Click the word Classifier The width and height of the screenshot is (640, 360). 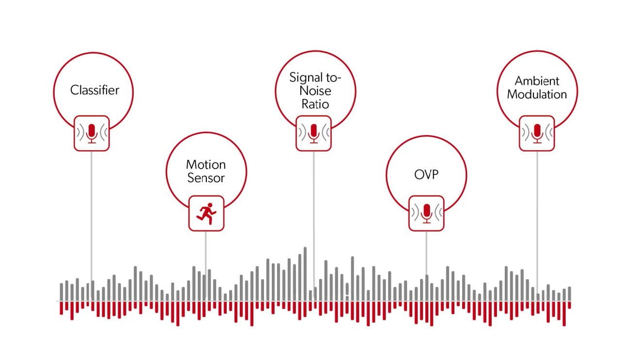click(x=94, y=90)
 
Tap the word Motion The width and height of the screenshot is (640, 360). click(x=206, y=165)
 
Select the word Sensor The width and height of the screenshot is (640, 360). click(x=206, y=178)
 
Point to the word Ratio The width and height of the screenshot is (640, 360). click(x=315, y=104)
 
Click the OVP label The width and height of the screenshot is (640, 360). click(x=426, y=174)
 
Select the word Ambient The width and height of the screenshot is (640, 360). click(x=537, y=81)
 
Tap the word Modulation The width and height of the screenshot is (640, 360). click(x=537, y=94)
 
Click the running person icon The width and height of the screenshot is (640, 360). click(x=206, y=214)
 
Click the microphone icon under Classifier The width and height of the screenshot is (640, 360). click(x=92, y=133)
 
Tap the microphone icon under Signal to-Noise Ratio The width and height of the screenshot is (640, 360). click(x=314, y=133)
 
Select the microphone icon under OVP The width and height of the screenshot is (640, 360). click(x=426, y=213)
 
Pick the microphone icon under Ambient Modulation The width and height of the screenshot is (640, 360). click(x=537, y=133)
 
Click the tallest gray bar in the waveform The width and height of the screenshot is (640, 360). click(x=305, y=274)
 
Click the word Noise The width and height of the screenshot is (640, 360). click(x=315, y=91)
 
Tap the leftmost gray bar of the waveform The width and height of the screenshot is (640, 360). click(x=62, y=292)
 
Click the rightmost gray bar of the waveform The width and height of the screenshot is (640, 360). click(x=569, y=294)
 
